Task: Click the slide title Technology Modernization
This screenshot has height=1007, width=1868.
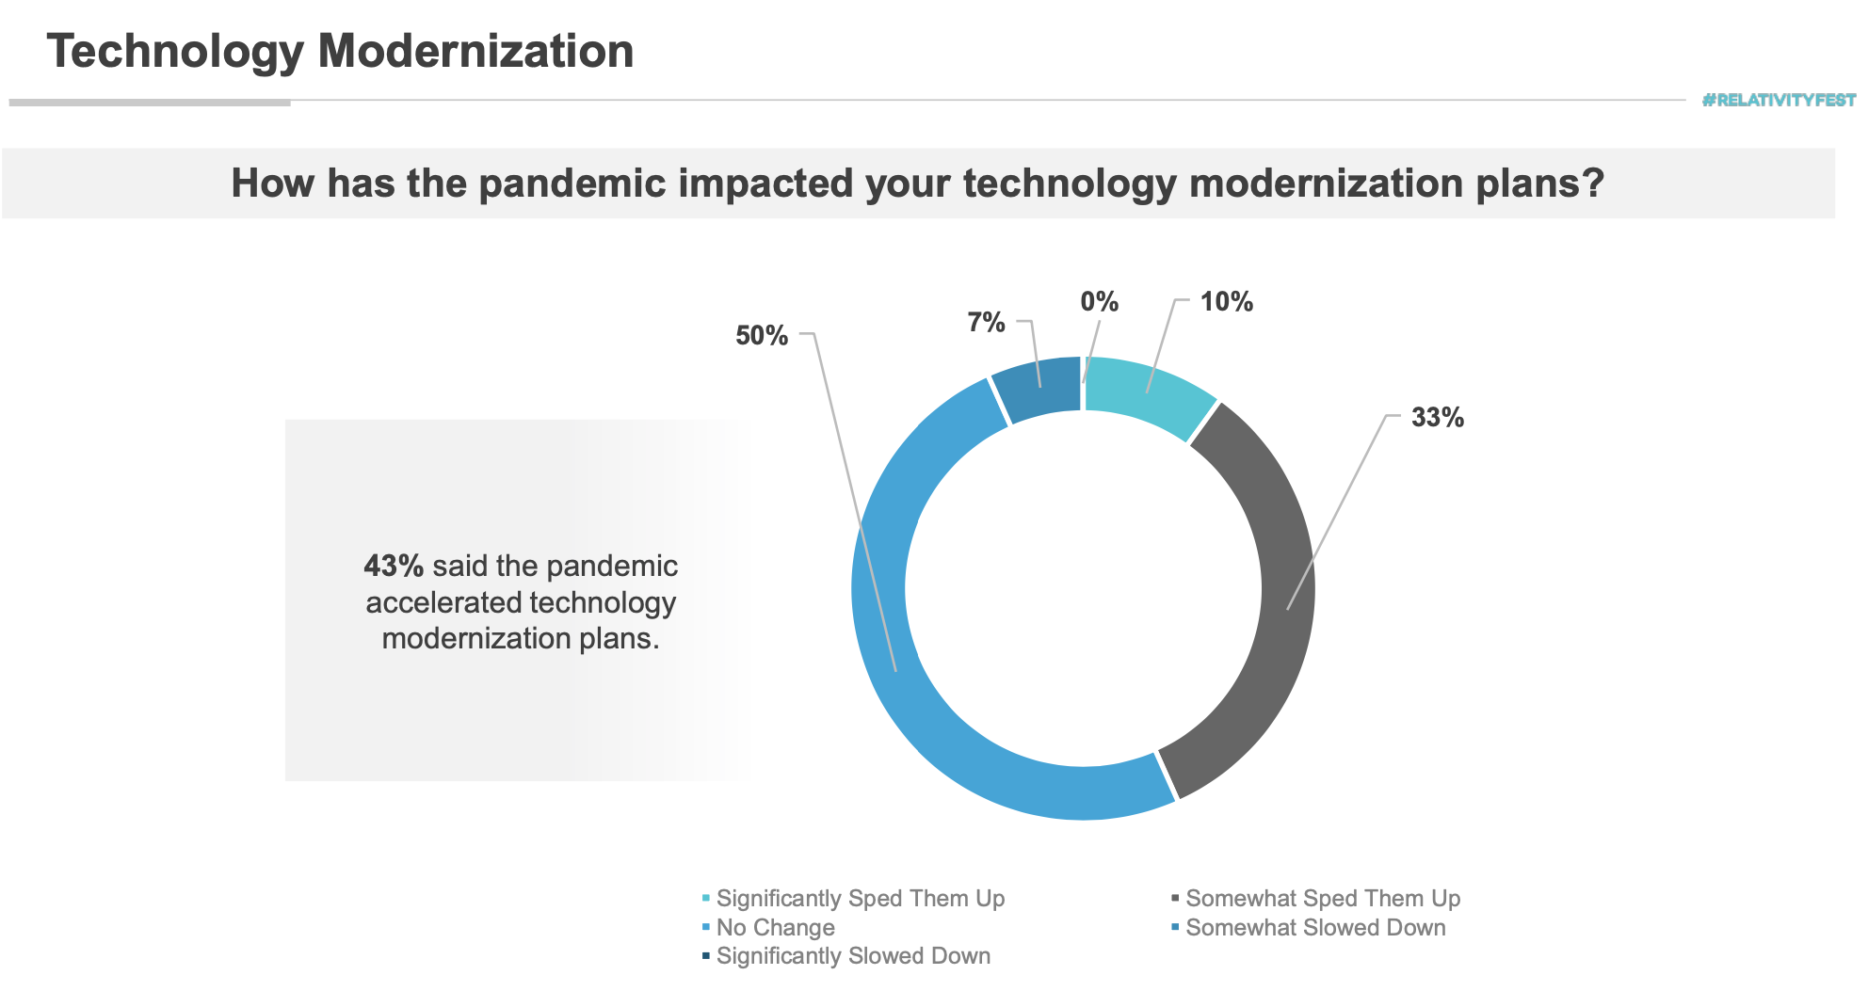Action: point(340,51)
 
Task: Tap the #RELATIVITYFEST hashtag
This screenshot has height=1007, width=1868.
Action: point(1779,100)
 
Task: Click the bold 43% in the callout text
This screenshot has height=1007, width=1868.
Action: point(394,566)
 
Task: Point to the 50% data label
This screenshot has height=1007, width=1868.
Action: point(762,335)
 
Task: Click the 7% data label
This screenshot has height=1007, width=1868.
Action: point(986,322)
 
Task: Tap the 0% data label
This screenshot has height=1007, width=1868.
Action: point(1099,301)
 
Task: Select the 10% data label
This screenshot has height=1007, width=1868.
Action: point(1226,301)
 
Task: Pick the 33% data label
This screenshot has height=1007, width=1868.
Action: point(1438,417)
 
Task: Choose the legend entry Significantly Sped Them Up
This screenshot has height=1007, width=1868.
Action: point(853,899)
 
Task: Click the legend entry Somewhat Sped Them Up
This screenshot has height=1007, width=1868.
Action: point(1316,899)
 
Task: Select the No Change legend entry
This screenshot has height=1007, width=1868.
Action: point(768,928)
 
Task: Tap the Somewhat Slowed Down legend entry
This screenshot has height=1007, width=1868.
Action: point(1309,928)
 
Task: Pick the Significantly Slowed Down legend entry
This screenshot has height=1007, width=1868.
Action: point(846,956)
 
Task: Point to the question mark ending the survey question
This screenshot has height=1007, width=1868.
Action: point(1593,183)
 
